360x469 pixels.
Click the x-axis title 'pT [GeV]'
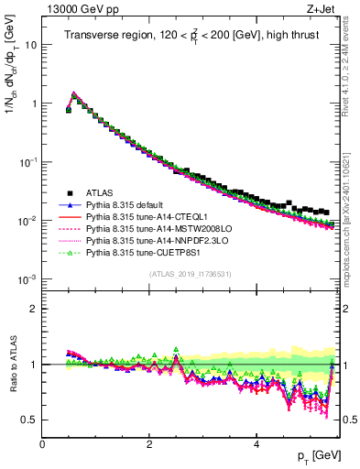click(x=321, y=455)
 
